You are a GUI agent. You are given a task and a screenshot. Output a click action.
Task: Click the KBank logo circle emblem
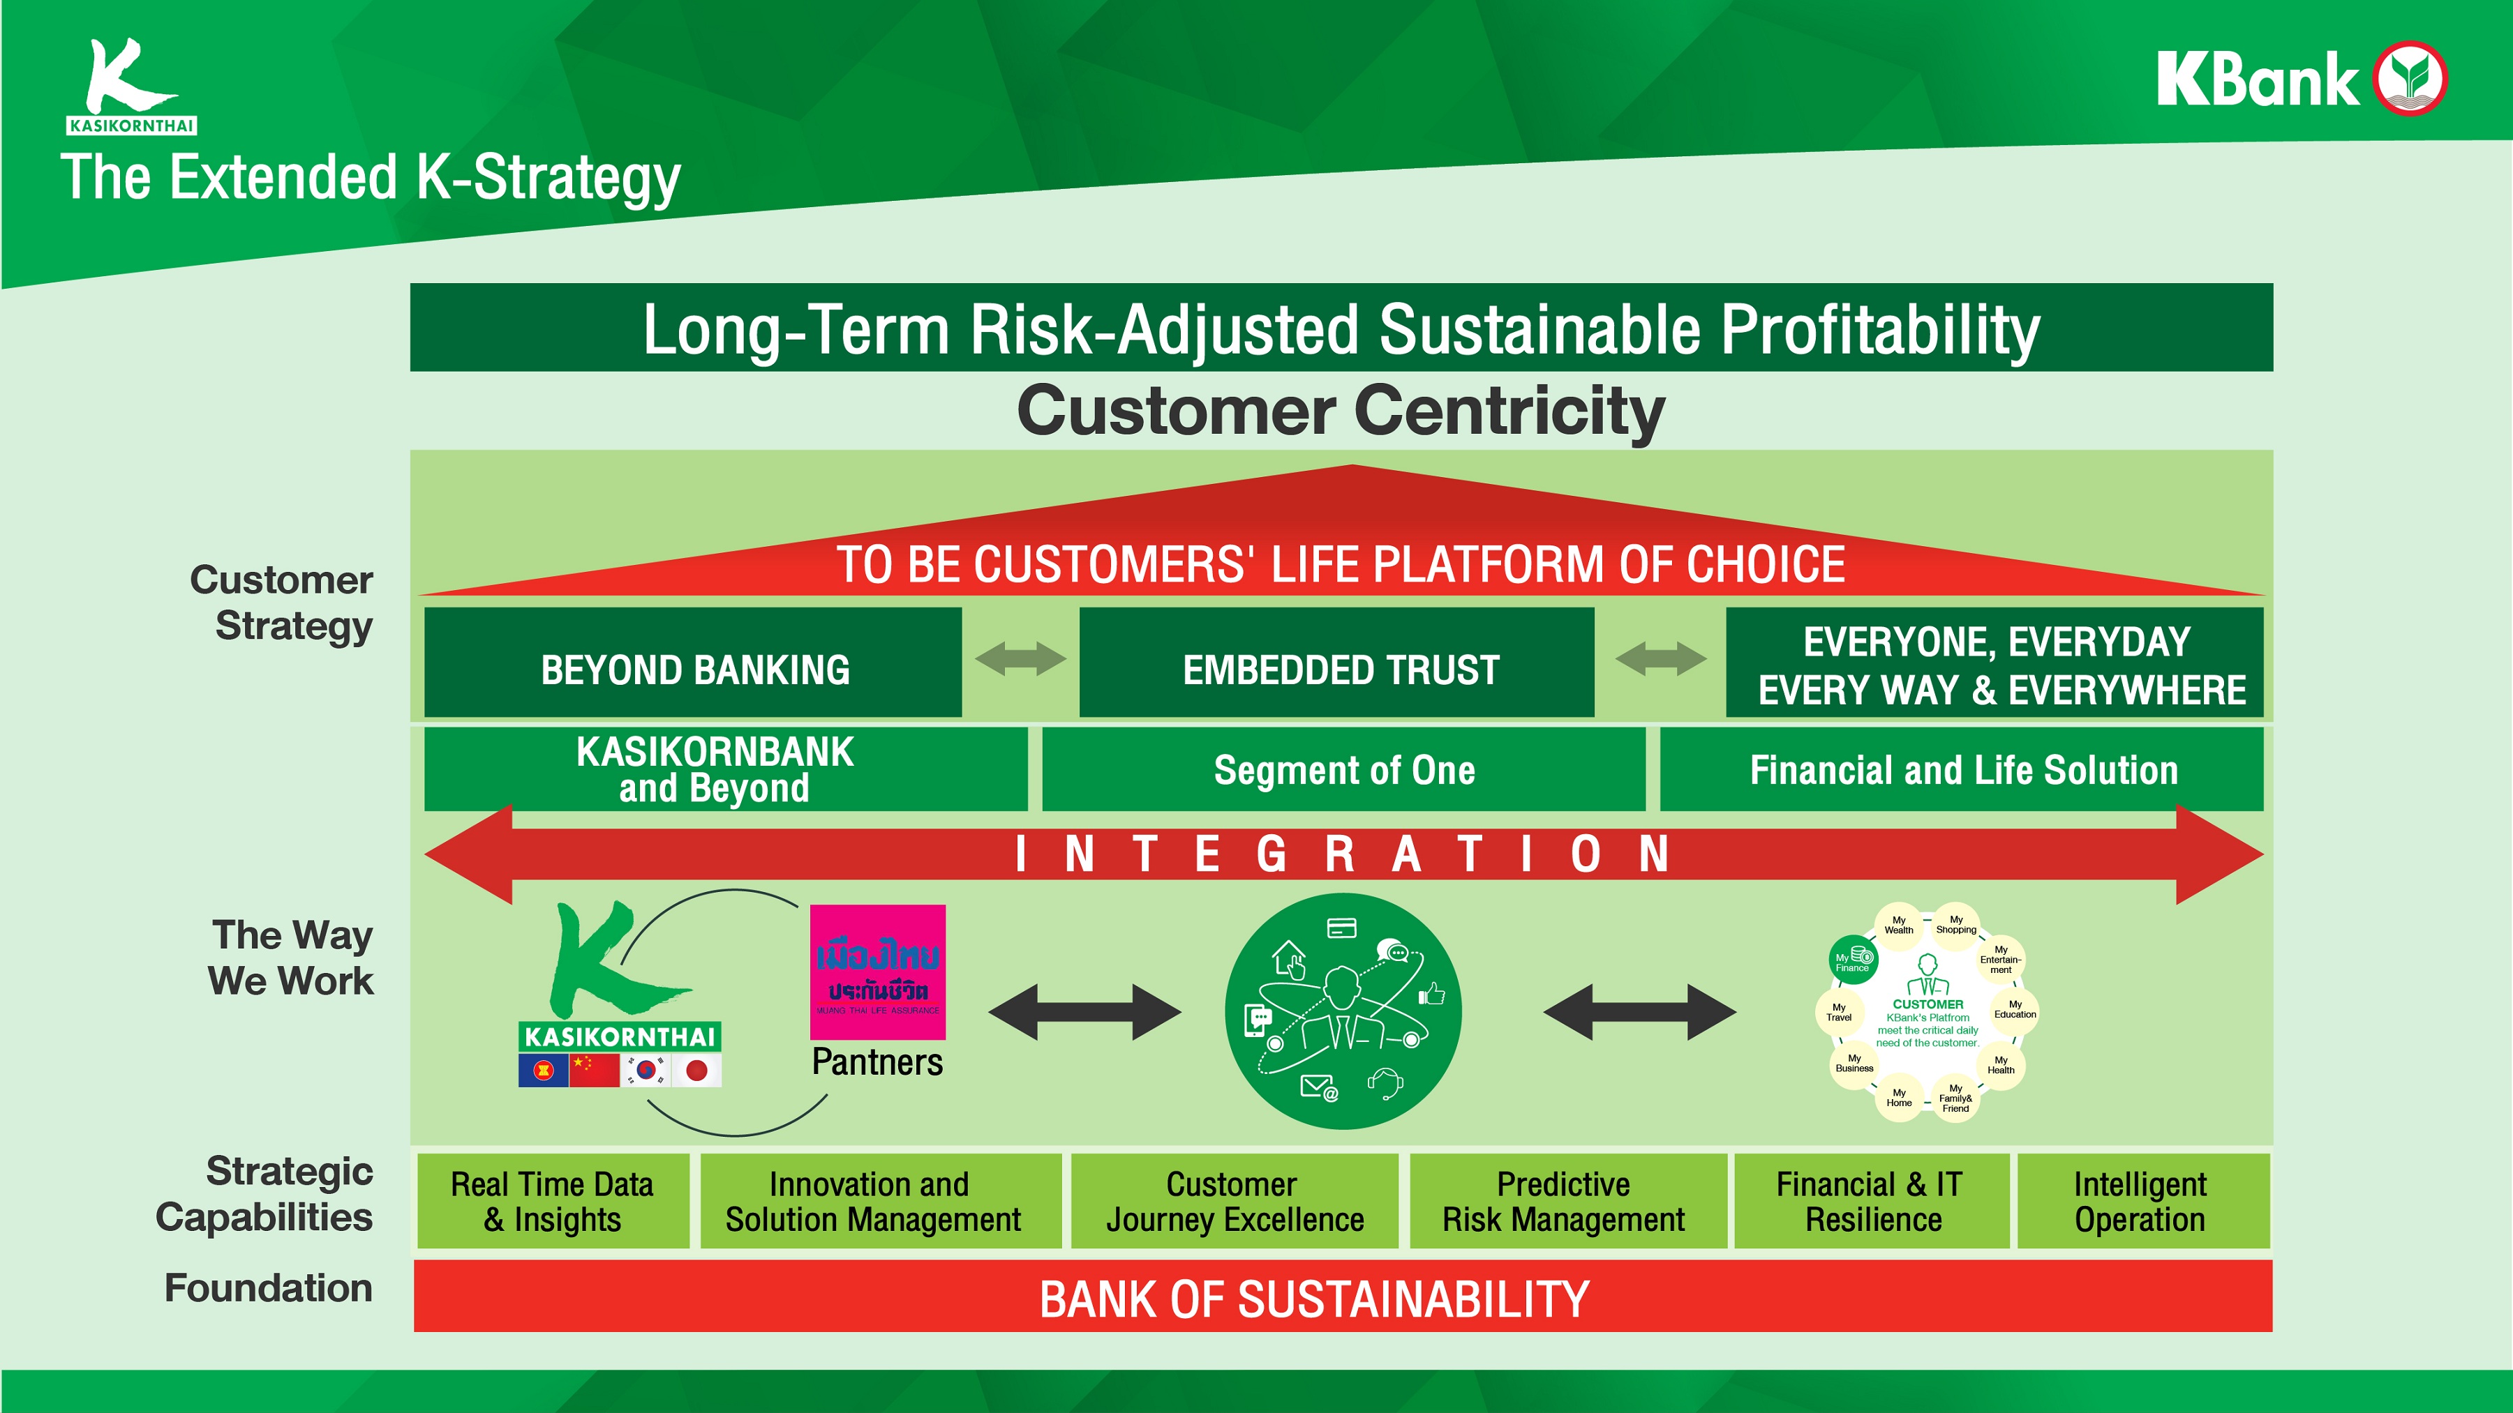(x=2410, y=79)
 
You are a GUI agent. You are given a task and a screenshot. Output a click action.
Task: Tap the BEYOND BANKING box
(x=694, y=663)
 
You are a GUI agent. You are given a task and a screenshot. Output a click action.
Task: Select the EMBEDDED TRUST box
(x=1338, y=663)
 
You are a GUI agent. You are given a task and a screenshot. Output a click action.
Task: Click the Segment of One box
(x=1343, y=769)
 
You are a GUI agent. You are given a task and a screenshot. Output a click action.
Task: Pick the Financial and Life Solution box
(x=1962, y=769)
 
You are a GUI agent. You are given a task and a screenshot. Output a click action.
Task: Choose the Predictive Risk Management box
(x=1565, y=1202)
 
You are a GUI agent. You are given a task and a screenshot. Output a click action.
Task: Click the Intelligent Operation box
(x=2140, y=1202)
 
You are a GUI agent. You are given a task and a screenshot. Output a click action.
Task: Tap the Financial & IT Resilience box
(x=1871, y=1202)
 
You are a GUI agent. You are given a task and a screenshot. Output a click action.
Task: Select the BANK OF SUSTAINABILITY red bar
(x=1343, y=1297)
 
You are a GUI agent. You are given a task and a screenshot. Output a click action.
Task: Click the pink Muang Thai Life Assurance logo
(x=878, y=972)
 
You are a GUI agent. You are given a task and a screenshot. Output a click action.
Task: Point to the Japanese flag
(x=696, y=1071)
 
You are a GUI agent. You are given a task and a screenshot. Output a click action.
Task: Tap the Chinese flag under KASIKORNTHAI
(x=594, y=1070)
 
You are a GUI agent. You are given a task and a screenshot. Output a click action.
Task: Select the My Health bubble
(x=2001, y=1065)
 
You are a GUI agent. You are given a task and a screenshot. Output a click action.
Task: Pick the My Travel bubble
(x=1839, y=1012)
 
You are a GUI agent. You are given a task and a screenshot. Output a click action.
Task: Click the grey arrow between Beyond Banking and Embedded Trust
(x=1020, y=659)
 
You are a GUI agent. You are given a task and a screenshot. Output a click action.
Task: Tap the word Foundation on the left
(x=268, y=1288)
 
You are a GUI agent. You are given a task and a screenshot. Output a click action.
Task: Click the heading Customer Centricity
(x=1341, y=411)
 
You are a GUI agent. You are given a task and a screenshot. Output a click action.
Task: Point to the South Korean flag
(x=646, y=1070)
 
